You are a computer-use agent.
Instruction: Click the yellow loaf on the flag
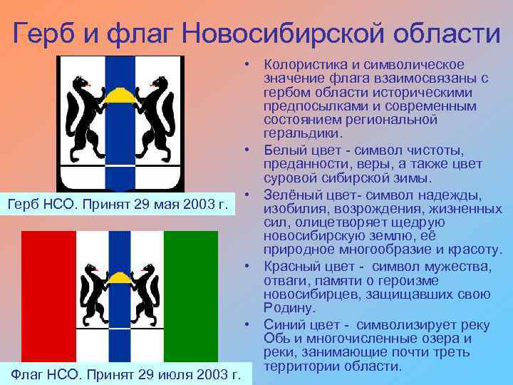(120, 276)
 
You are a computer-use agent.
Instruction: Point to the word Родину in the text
(288, 309)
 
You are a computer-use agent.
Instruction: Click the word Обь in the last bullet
(275, 339)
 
